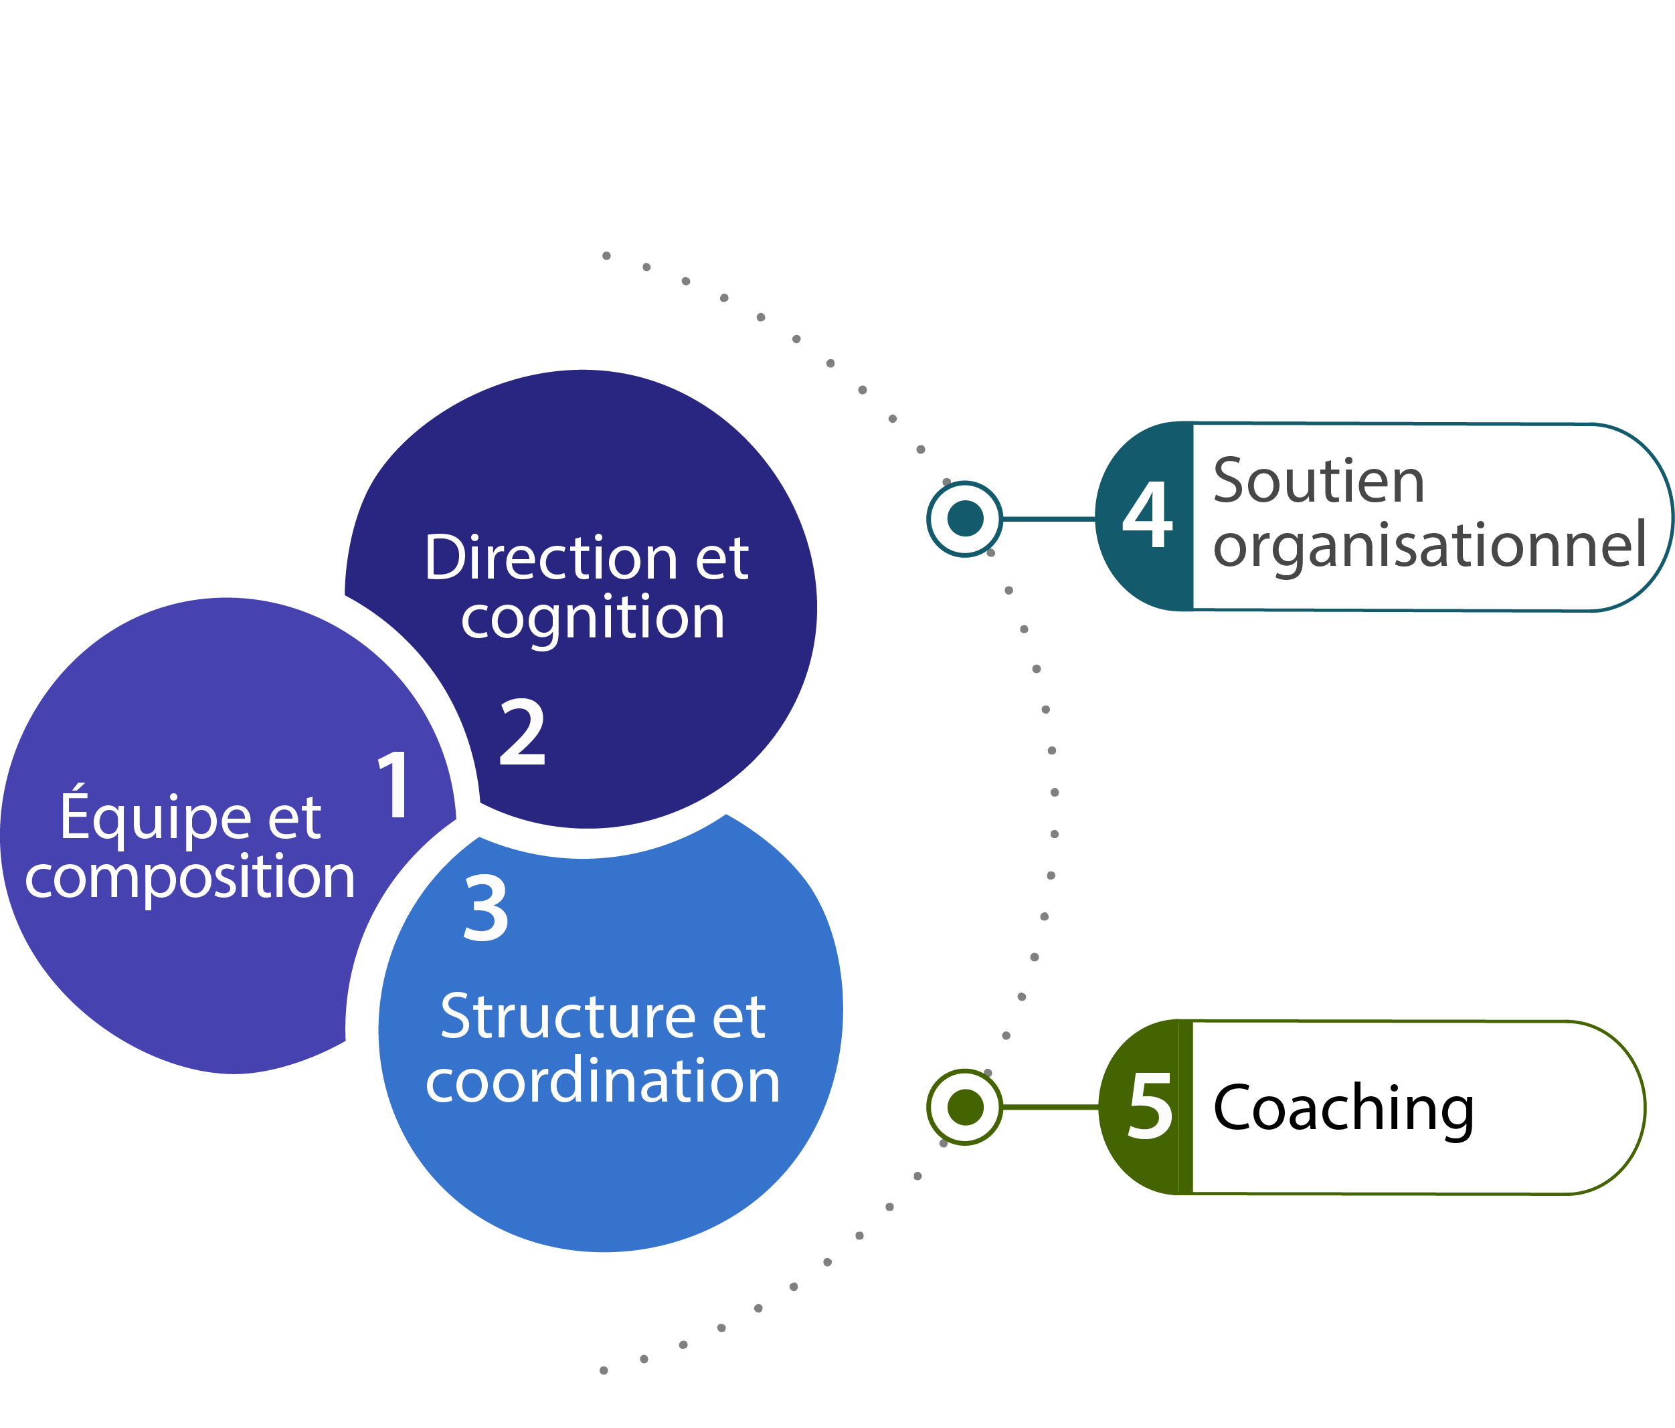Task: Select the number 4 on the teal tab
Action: click(x=1147, y=515)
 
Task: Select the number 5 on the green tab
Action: click(x=1150, y=1107)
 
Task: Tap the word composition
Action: click(x=190, y=877)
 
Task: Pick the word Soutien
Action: click(x=1318, y=481)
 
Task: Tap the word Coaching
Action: click(x=1344, y=1109)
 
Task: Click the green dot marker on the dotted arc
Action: click(x=964, y=1106)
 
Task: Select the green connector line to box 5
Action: click(x=1050, y=1106)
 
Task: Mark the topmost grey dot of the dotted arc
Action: click(x=606, y=256)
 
